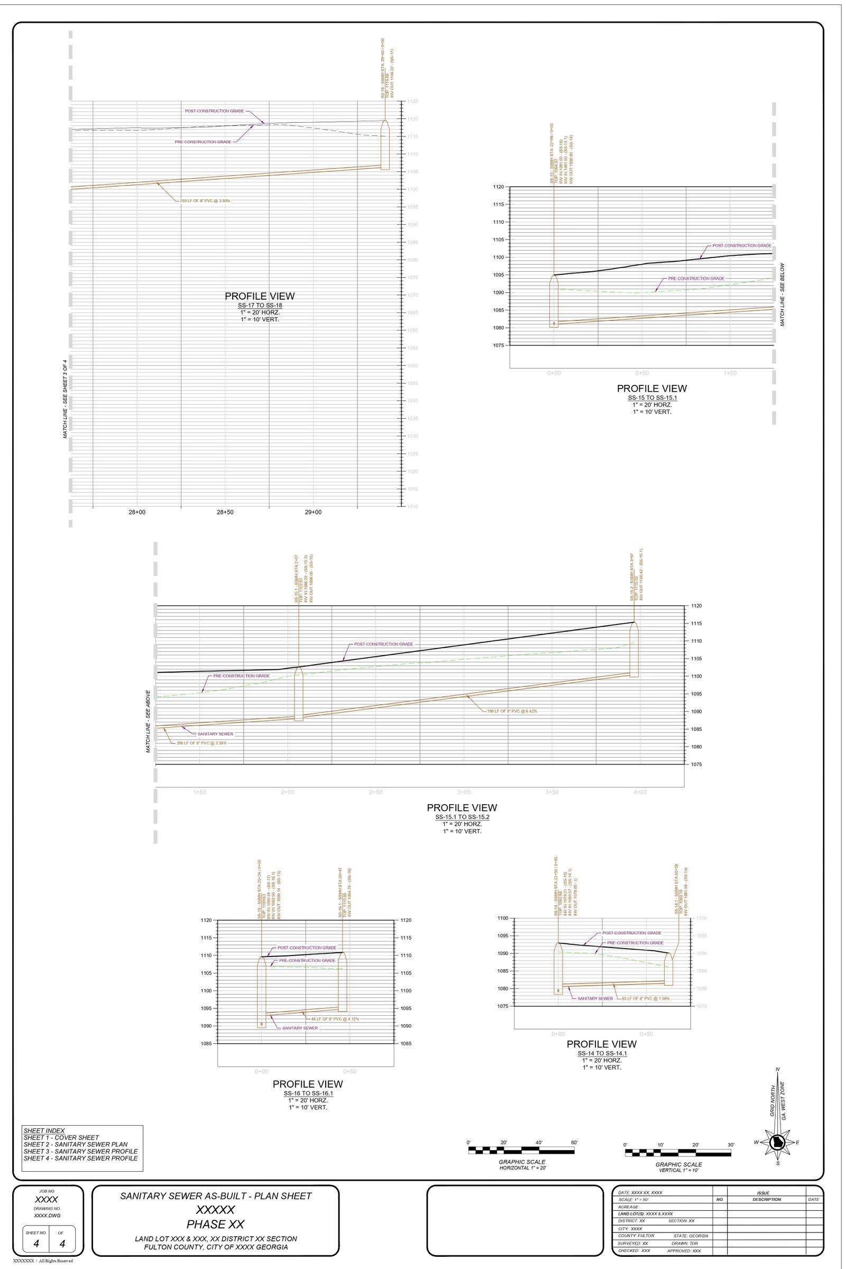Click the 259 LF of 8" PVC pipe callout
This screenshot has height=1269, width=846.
tap(205, 201)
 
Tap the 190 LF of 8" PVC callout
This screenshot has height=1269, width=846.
tap(511, 711)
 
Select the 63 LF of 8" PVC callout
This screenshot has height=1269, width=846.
tap(645, 999)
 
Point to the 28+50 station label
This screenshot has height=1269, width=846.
tap(224, 512)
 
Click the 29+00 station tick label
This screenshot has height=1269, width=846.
tap(313, 512)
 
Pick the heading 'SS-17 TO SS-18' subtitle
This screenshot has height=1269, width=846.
tap(260, 306)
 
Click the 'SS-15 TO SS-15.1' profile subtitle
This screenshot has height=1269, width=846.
tap(652, 398)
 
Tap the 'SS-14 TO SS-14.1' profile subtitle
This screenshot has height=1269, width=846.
tap(602, 1053)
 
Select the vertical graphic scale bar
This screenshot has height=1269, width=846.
tap(678, 1153)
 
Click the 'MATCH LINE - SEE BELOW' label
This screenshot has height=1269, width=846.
tap(783, 295)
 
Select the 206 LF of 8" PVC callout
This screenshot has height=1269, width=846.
tap(202, 743)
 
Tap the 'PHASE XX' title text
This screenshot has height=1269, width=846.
tap(215, 1224)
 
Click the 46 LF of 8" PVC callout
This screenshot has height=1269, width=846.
tap(335, 1019)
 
